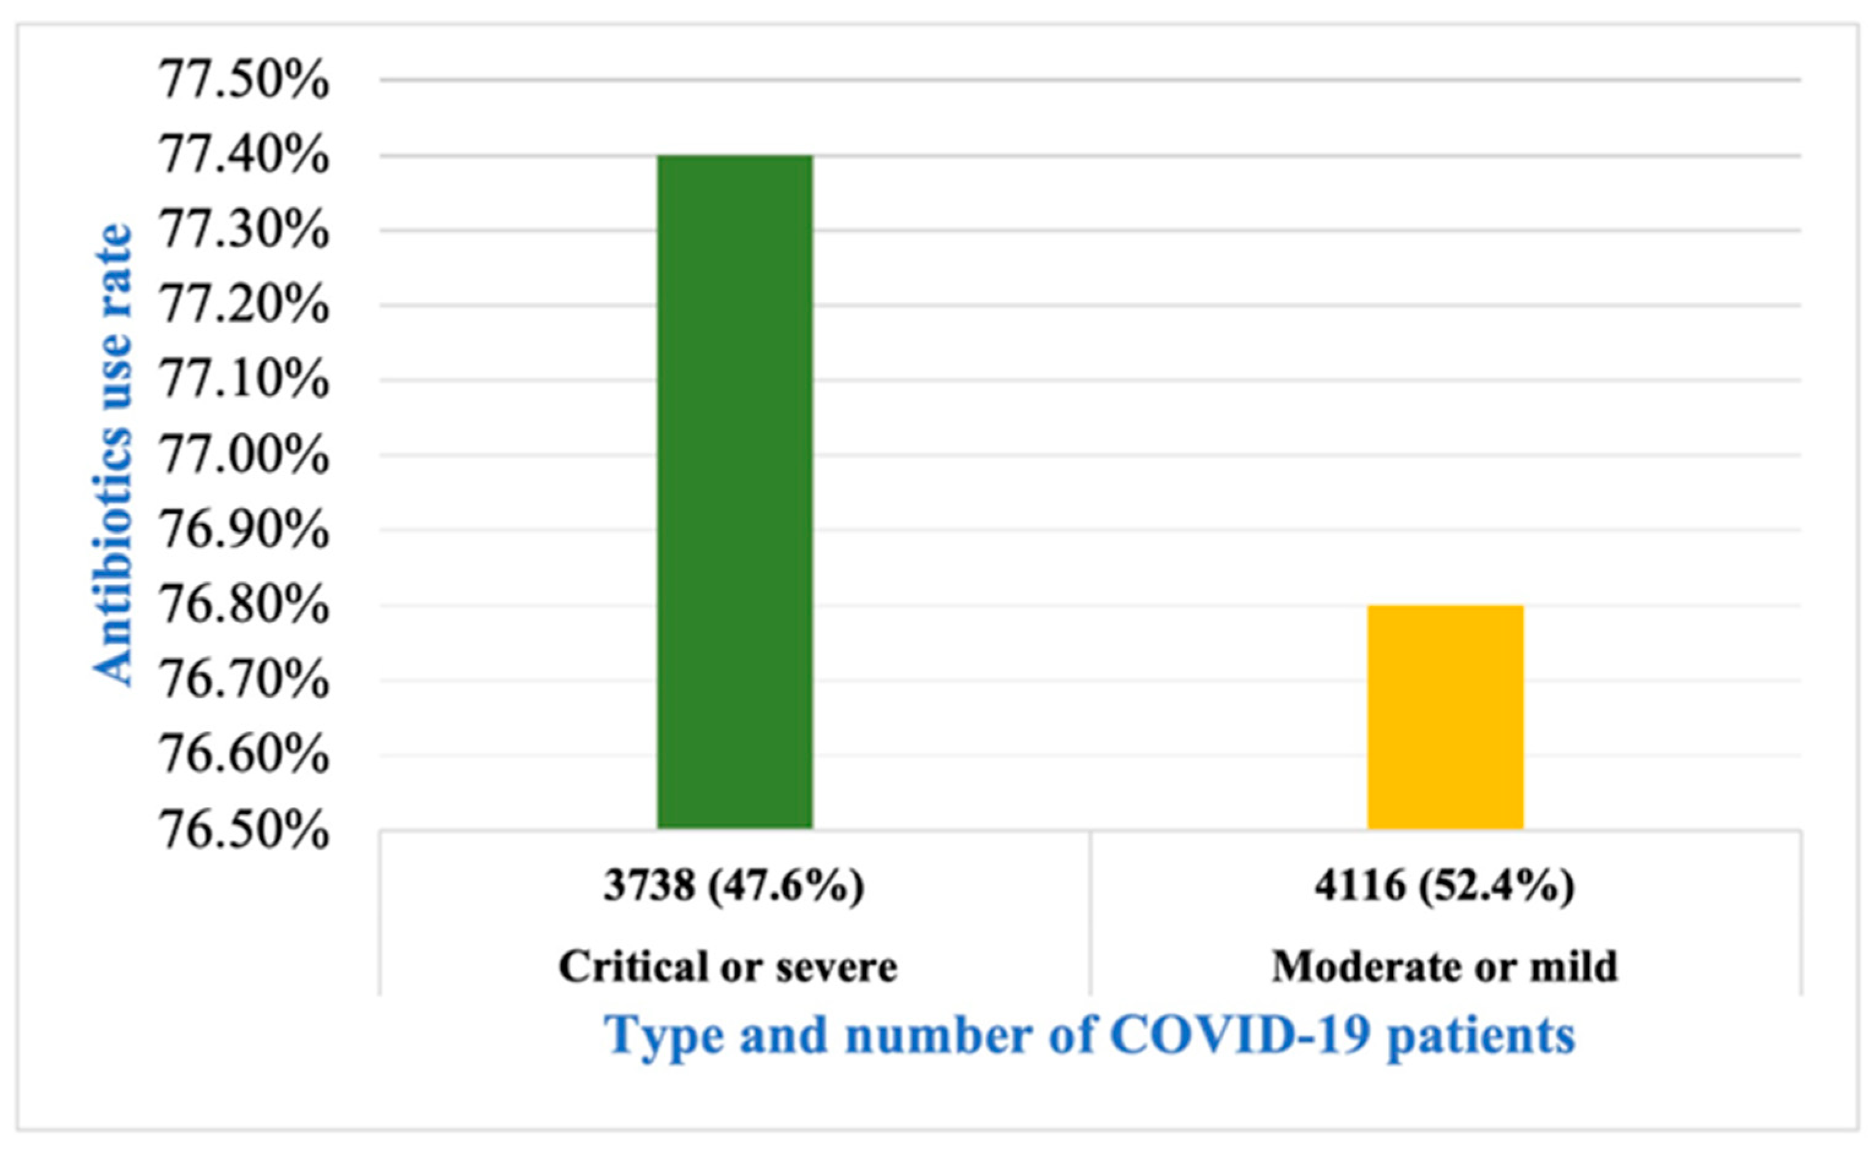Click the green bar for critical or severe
tap(735, 492)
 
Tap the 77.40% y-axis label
tap(243, 156)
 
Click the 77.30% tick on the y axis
tap(243, 230)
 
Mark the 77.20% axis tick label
tap(243, 305)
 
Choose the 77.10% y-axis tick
tap(243, 380)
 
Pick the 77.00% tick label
tap(243, 455)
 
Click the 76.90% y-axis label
tap(243, 530)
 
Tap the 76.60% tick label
tap(243, 756)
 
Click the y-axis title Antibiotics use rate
tap(113, 455)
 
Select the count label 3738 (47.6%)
tap(733, 886)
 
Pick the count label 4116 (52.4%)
tap(1444, 886)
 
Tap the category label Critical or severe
tap(728, 967)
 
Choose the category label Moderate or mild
tap(1444, 967)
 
